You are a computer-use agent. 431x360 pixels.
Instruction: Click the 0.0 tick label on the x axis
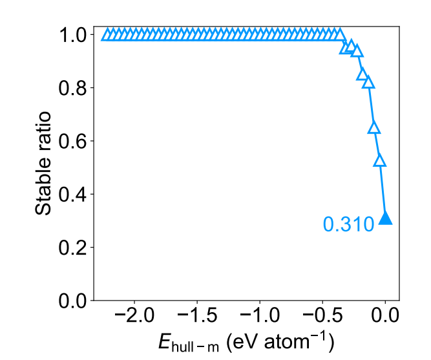tap(385, 318)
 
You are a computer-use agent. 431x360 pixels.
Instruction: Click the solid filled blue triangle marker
tap(386, 218)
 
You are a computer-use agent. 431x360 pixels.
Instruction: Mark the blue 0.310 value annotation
tap(348, 224)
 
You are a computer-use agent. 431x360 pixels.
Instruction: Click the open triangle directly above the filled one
tap(380, 160)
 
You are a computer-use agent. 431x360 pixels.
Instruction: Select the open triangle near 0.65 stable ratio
tap(373, 127)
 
